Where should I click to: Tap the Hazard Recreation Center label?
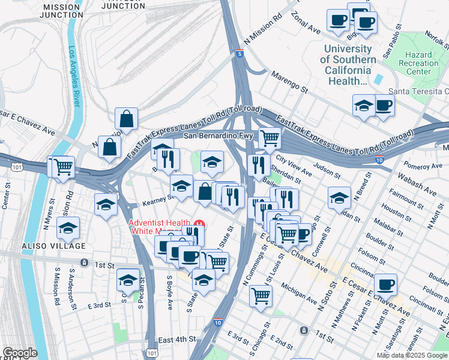click(x=418, y=63)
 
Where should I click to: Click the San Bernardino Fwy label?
click(x=215, y=136)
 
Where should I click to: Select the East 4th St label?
click(x=178, y=339)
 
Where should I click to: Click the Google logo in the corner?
click(x=19, y=352)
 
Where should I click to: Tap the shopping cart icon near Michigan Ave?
click(x=261, y=295)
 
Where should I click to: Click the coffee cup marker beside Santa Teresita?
click(x=384, y=106)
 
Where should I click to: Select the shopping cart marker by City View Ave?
click(x=270, y=138)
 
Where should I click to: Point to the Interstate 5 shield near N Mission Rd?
click(x=240, y=54)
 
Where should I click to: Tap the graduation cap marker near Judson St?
click(x=339, y=197)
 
